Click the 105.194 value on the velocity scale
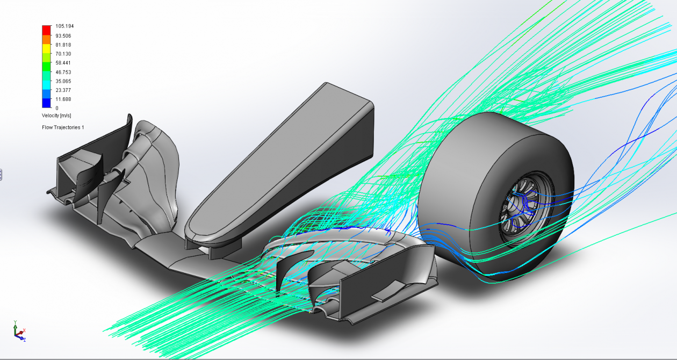coord(64,26)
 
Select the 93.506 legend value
coord(63,36)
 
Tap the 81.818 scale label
coord(63,45)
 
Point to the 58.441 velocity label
coord(63,63)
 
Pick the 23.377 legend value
coord(63,90)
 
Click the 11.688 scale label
coord(63,99)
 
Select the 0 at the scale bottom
coord(57,108)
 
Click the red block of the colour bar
coord(47,30)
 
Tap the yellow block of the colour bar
coord(47,48)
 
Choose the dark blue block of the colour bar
coord(47,103)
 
